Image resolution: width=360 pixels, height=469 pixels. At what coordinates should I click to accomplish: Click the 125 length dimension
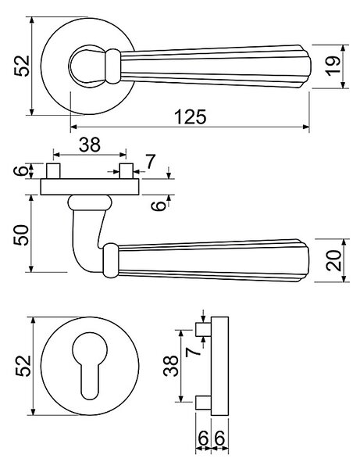tap(191, 116)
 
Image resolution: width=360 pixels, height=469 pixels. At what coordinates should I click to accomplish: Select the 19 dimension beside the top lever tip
tap(333, 66)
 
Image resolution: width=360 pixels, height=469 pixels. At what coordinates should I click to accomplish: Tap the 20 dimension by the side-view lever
tap(333, 260)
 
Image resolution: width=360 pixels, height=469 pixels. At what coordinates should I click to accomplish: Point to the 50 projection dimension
tap(21, 235)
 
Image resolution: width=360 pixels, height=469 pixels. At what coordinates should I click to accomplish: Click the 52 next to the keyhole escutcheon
tap(23, 366)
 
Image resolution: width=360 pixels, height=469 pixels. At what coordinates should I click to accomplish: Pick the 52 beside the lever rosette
tap(22, 66)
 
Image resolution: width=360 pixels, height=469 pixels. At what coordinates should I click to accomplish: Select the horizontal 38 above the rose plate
tap(90, 145)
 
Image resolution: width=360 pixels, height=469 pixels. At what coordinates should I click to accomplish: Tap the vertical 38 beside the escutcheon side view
tap(171, 366)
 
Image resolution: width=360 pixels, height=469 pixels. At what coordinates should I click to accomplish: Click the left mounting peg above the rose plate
tap(53, 171)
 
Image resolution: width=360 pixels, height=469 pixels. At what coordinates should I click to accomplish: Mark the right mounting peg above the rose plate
tap(126, 171)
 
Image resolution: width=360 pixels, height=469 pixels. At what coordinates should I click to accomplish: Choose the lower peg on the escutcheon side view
tap(204, 403)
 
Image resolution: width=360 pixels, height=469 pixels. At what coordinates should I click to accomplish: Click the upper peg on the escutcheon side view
tap(204, 330)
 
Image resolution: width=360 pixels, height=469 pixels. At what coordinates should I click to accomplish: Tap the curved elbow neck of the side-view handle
tap(87, 239)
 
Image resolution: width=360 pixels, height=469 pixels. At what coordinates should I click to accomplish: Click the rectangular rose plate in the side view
tap(90, 187)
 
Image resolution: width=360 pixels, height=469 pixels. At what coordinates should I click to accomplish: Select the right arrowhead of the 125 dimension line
tap(305, 127)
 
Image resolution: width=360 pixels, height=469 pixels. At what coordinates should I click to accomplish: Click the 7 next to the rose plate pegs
tap(150, 162)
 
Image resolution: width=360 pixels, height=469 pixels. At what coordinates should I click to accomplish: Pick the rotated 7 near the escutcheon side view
tap(193, 352)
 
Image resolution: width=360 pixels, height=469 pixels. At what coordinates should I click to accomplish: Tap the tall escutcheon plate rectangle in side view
tap(220, 366)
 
